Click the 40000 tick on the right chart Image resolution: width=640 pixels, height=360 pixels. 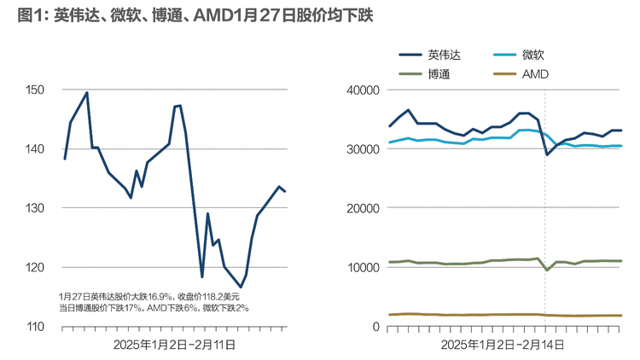click(x=363, y=90)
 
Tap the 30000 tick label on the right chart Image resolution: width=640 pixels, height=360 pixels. click(x=363, y=148)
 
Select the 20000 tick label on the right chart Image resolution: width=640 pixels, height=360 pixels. click(x=363, y=208)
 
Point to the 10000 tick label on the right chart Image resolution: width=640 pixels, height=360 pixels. click(x=363, y=267)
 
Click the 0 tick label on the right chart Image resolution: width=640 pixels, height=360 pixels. click(x=375, y=327)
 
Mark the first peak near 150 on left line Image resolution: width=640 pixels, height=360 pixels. click(x=87, y=93)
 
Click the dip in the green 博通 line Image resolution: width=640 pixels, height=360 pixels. click(x=546, y=270)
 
